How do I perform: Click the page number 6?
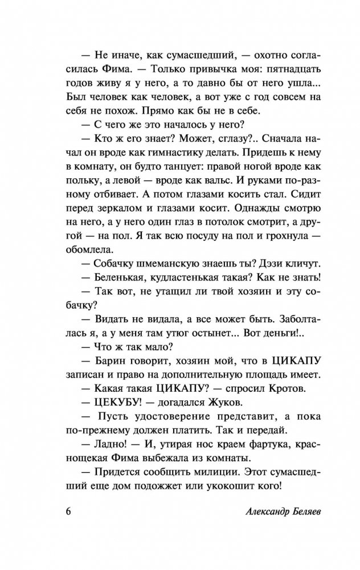point(62,509)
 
